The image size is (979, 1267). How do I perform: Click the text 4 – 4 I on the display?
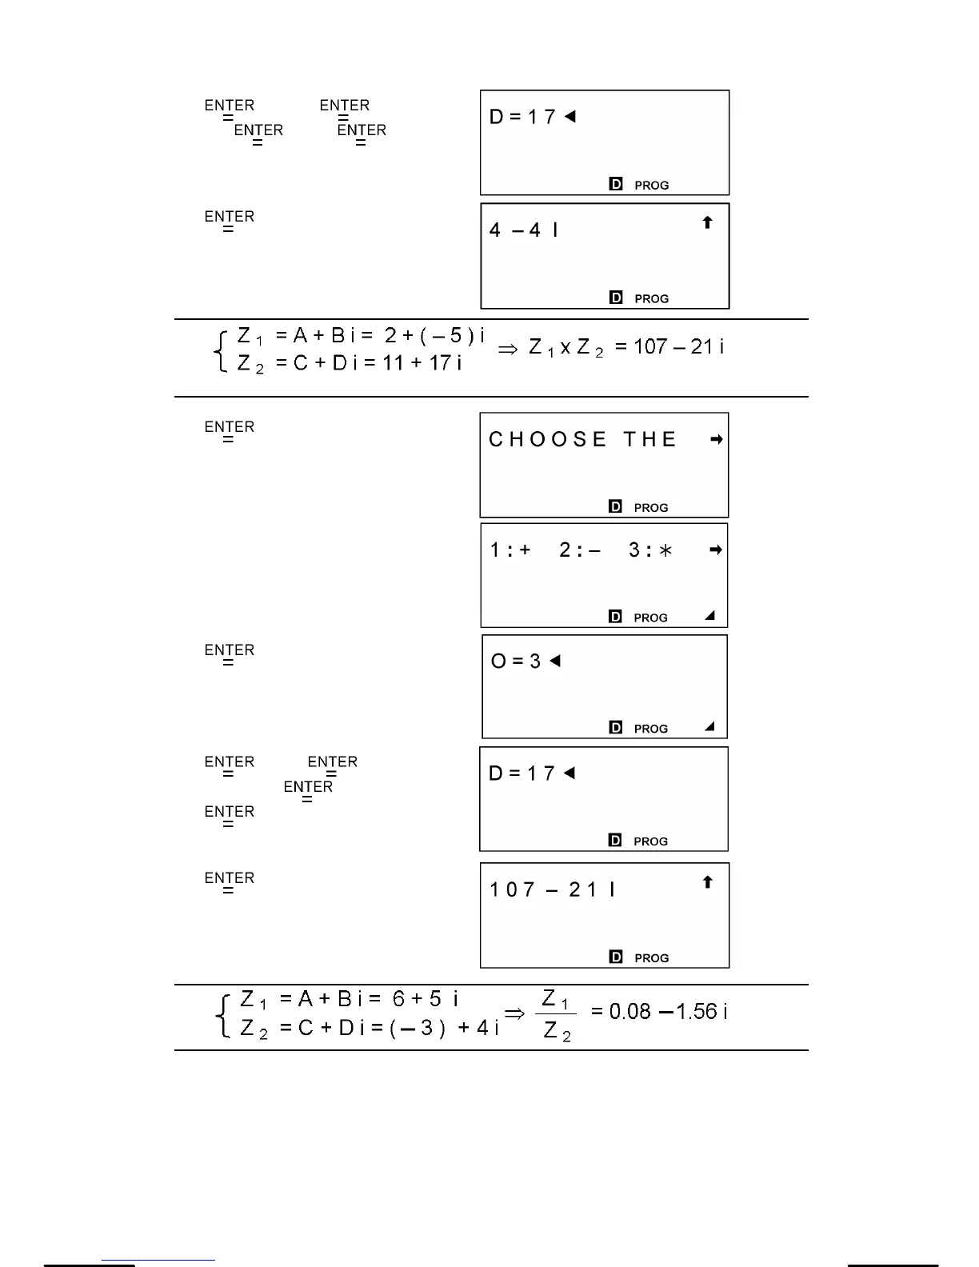[524, 230]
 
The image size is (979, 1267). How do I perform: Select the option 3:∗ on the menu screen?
[650, 550]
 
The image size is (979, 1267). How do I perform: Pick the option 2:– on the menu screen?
[580, 550]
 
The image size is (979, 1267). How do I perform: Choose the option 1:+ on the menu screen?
[510, 550]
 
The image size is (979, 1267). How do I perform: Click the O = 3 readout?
[516, 661]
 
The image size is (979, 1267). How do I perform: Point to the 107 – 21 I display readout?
[552, 889]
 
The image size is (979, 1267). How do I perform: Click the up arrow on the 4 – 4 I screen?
[707, 222]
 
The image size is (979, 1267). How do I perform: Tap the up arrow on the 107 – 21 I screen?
[707, 882]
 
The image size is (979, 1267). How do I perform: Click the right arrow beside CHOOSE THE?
[716, 439]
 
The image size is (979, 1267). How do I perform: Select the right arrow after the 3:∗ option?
[716, 550]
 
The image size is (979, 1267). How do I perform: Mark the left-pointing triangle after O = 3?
[555, 661]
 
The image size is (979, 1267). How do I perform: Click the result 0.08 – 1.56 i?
[659, 1012]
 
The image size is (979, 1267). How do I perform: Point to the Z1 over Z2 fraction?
[556, 1014]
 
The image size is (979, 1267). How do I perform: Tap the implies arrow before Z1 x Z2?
[508, 350]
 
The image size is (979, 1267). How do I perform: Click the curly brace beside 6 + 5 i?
[223, 1015]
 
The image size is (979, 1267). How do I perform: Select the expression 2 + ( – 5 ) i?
[434, 336]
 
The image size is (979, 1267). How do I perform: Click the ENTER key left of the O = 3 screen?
[229, 654]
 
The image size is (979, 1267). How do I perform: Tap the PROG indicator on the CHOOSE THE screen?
[650, 508]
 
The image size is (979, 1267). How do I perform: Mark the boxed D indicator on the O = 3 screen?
[615, 728]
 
